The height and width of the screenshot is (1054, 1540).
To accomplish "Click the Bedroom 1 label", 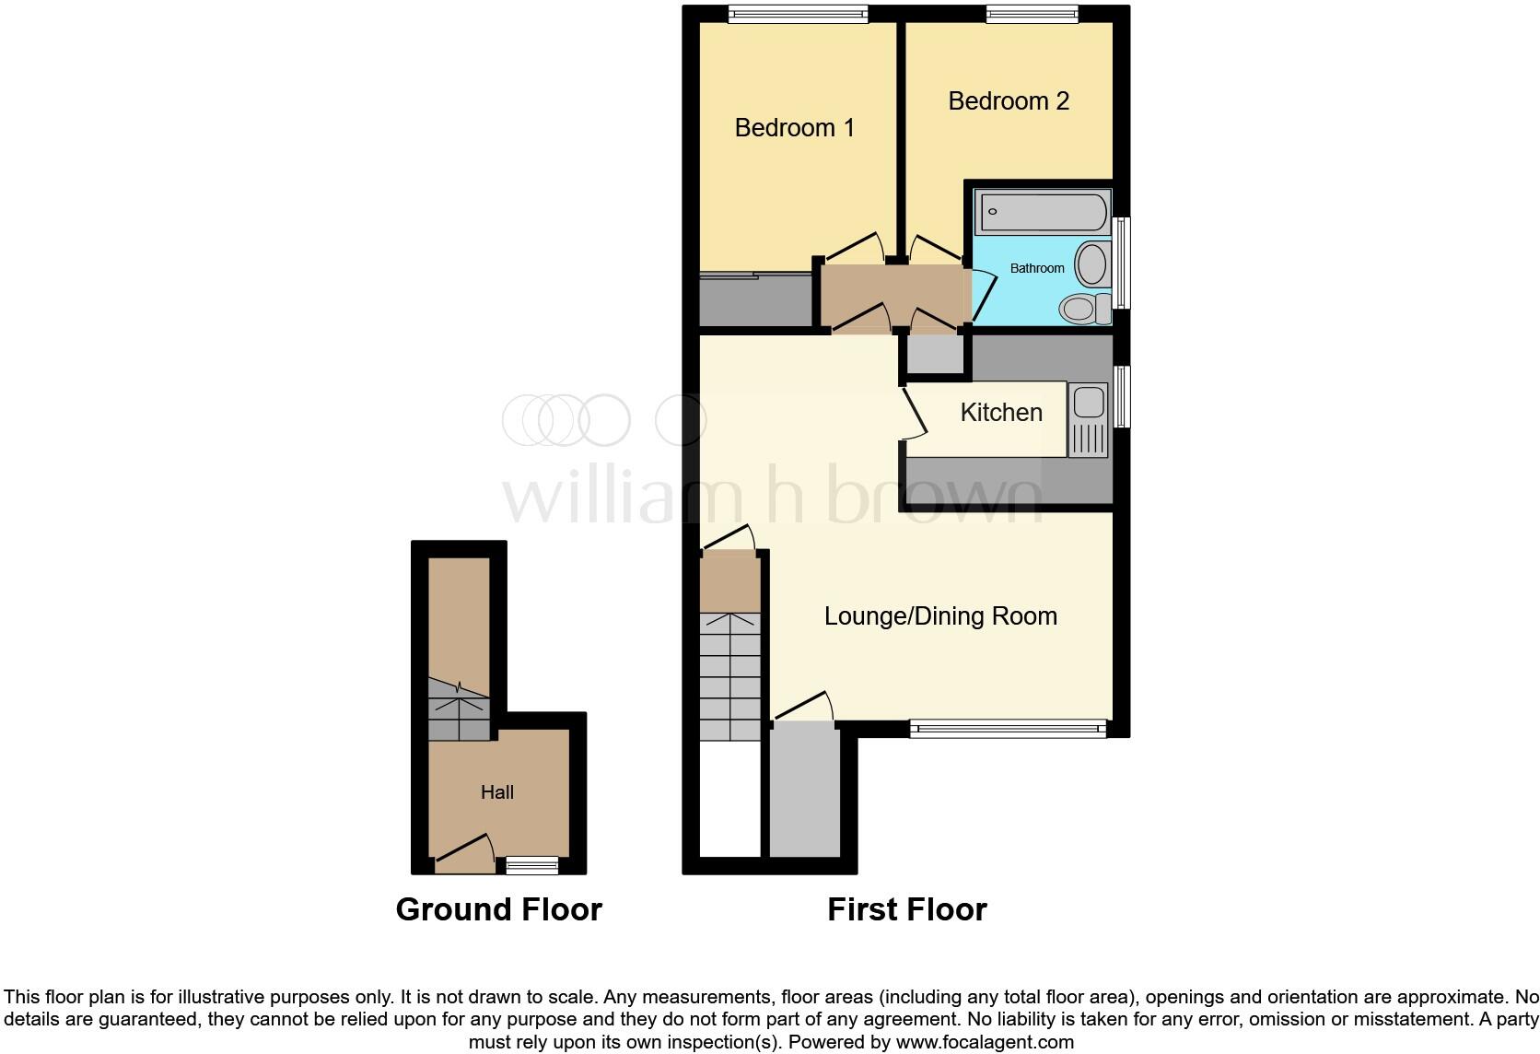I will (794, 128).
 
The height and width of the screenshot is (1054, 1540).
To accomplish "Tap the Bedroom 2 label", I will (1009, 101).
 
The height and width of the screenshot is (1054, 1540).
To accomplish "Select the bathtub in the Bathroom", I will (1043, 213).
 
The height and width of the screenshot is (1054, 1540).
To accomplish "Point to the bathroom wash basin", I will (1091, 263).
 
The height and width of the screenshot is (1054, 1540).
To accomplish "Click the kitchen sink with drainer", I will (1088, 421).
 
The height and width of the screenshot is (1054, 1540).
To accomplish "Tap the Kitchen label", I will (1001, 413).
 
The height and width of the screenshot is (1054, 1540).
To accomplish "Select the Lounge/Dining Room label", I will (939, 616).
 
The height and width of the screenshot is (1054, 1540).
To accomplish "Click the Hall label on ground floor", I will (496, 792).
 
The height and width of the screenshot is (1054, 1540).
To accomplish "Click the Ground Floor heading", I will (498, 909).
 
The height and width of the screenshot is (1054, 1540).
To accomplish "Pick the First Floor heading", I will (906, 909).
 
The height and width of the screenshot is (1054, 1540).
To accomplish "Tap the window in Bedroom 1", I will (797, 14).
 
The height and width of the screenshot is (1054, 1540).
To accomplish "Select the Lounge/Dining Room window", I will (1008, 729).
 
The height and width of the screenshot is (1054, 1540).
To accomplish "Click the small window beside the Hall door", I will (531, 865).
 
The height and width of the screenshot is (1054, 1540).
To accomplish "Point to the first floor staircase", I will (729, 677).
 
